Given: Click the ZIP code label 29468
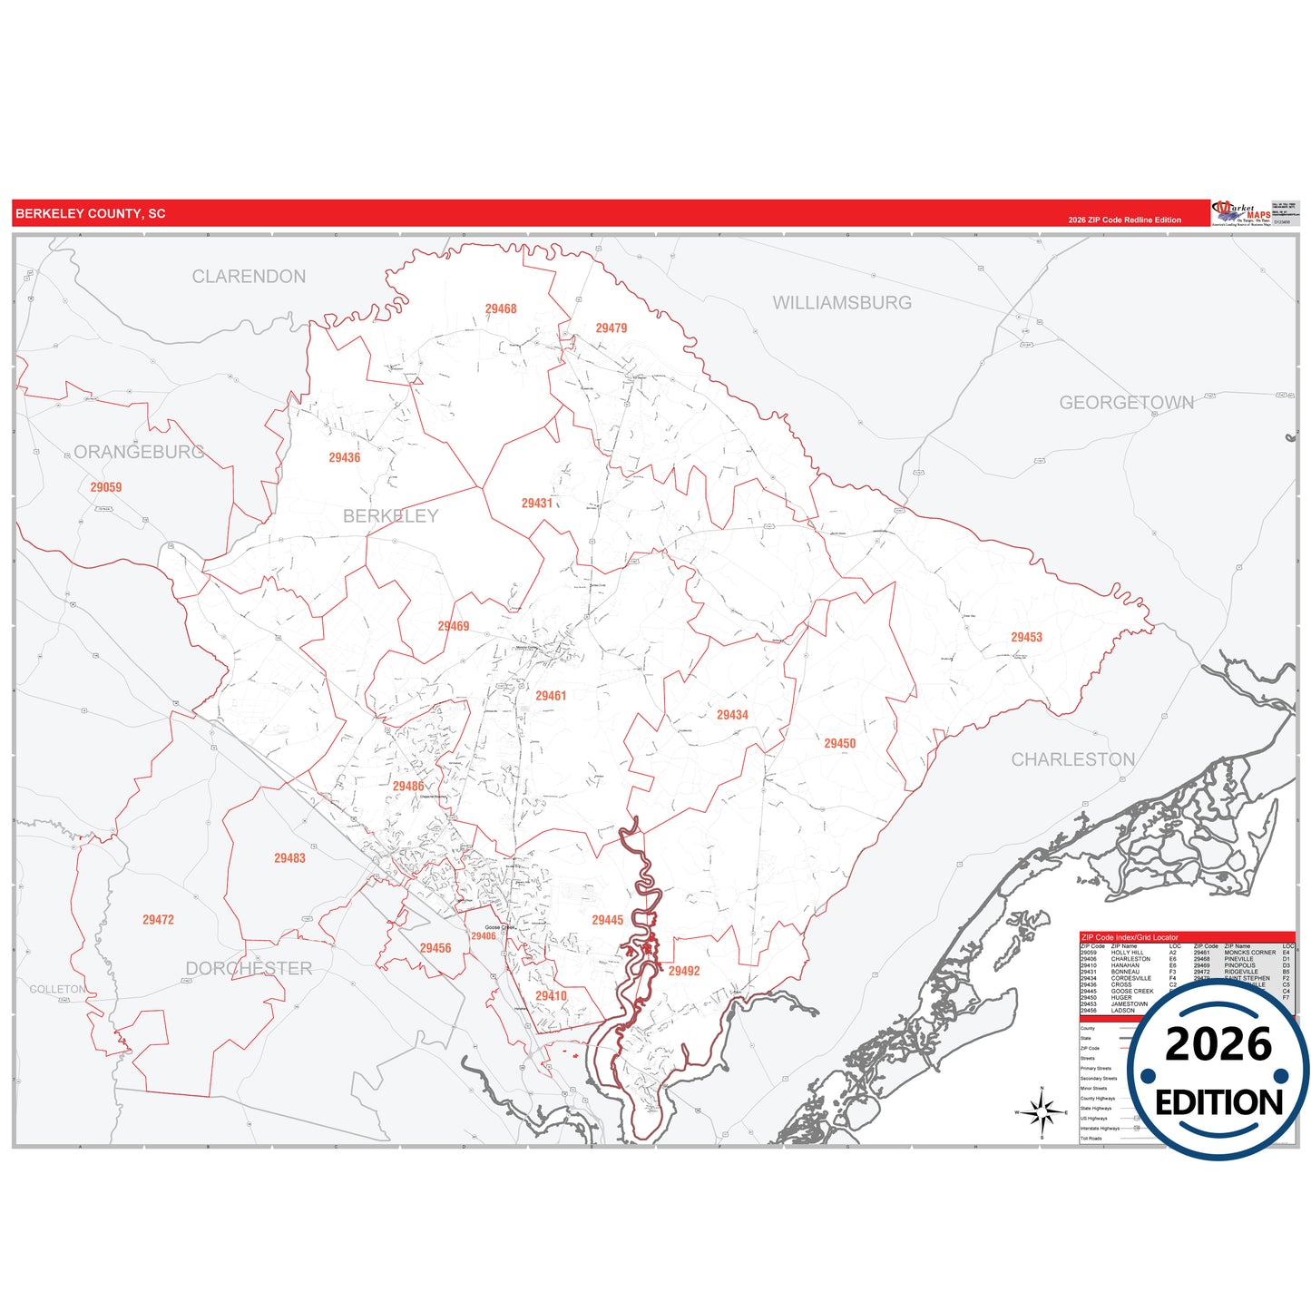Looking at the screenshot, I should pyautogui.click(x=501, y=309).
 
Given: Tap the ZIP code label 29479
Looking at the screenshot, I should pyautogui.click(x=611, y=328).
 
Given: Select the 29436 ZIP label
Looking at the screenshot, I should pyautogui.click(x=344, y=458).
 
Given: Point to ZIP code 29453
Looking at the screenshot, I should pyautogui.click(x=1026, y=638).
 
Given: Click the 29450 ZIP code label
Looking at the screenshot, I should pyautogui.click(x=839, y=744).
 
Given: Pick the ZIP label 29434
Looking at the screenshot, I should pyautogui.click(x=732, y=715).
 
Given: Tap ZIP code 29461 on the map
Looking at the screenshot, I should pyautogui.click(x=551, y=696).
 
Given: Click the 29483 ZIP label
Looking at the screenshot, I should pyautogui.click(x=289, y=858).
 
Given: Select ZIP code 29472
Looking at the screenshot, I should pyautogui.click(x=158, y=920).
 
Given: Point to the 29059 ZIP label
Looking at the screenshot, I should pyautogui.click(x=105, y=487).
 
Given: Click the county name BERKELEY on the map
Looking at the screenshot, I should pyautogui.click(x=390, y=516).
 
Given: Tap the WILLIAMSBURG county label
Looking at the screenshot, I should pyautogui.click(x=842, y=303).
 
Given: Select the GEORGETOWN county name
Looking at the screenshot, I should pyautogui.click(x=1126, y=403).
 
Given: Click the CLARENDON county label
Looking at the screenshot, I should pyautogui.click(x=249, y=277).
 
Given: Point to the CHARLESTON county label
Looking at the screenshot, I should pyautogui.click(x=1073, y=759).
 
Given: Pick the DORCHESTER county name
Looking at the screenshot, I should pyautogui.click(x=249, y=969).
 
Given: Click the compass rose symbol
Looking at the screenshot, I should pyautogui.click(x=1042, y=1111).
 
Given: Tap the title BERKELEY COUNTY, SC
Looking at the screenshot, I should pyautogui.click(x=91, y=214).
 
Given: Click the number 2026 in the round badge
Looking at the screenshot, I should pyautogui.click(x=1218, y=1045).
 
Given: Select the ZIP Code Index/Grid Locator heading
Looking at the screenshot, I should pyautogui.click(x=1130, y=937).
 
